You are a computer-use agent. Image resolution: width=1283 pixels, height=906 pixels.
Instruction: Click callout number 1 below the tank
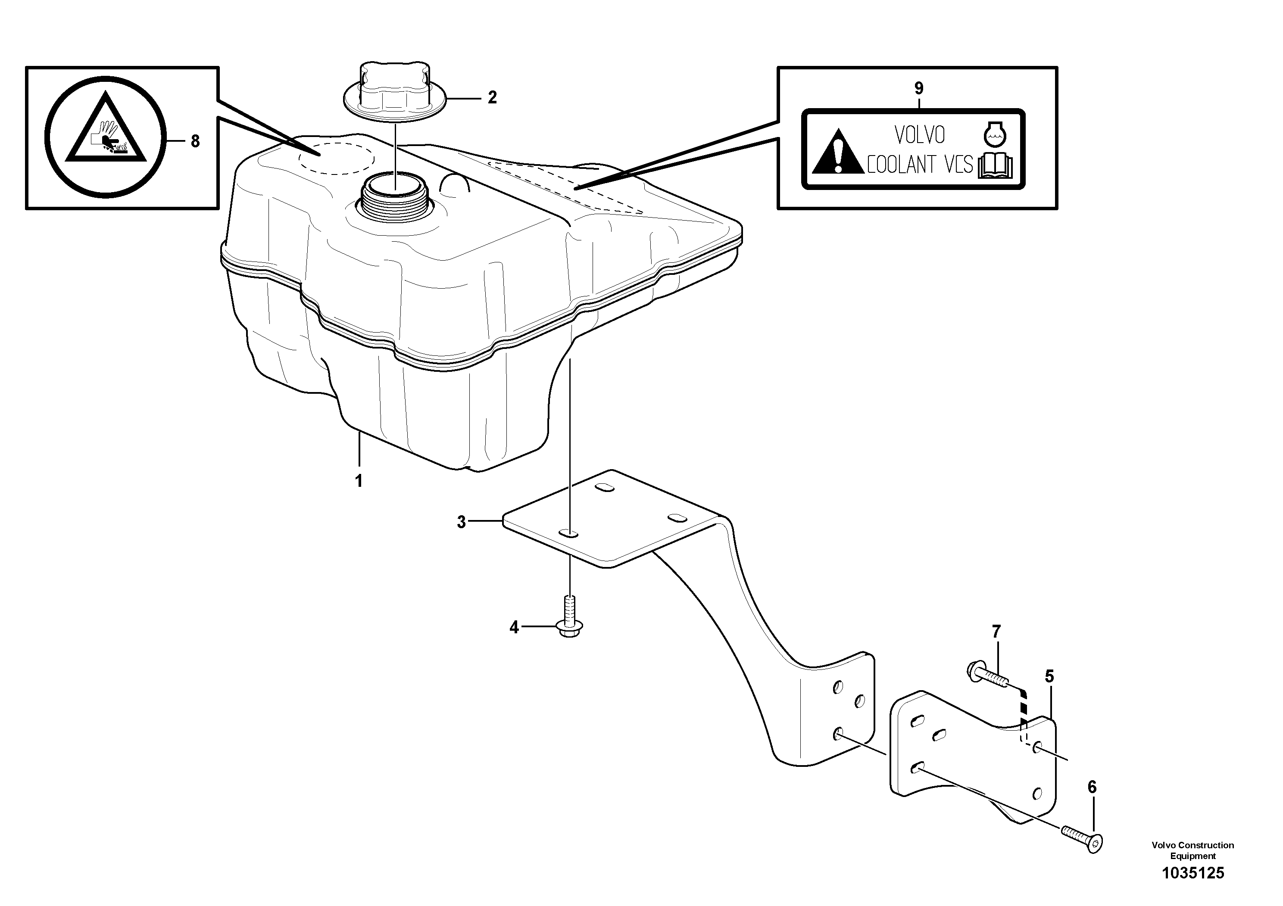(x=359, y=480)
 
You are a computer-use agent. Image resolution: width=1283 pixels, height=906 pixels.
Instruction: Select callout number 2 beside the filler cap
(x=492, y=98)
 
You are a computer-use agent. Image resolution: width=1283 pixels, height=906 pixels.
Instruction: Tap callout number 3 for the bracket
(x=461, y=522)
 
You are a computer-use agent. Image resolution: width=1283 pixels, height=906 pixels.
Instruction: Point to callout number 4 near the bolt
(x=514, y=628)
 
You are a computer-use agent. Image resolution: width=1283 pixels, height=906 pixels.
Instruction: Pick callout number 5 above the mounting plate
(x=1049, y=677)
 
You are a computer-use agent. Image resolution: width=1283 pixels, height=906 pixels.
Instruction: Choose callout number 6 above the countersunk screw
(x=1092, y=788)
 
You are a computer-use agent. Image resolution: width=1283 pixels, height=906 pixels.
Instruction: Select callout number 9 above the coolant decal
(x=919, y=88)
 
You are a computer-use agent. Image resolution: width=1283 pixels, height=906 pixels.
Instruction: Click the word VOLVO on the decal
(x=920, y=135)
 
